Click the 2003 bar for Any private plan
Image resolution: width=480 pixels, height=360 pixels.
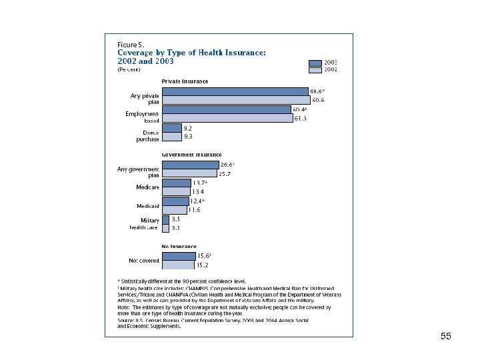point(235,91)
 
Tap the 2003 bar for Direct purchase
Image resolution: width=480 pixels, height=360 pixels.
point(171,127)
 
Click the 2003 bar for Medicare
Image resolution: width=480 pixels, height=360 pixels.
point(177,183)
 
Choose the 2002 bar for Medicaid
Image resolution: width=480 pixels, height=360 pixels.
point(175,209)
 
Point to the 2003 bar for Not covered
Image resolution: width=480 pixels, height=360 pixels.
point(179,255)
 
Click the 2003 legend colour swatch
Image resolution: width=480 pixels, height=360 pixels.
point(315,61)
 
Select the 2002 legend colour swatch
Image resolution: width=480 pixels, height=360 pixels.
point(315,69)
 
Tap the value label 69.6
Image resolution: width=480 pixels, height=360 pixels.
point(318,101)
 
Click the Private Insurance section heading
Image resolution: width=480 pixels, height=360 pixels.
point(185,81)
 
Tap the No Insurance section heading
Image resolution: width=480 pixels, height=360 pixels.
point(179,246)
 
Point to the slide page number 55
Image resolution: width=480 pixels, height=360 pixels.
point(446,337)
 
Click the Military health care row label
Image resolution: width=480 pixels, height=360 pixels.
point(145,223)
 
